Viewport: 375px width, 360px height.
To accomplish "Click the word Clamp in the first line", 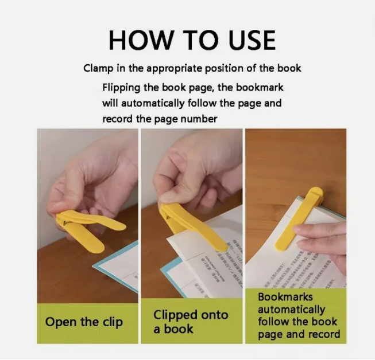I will click(x=98, y=68).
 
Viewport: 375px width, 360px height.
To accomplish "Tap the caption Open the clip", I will click(x=84, y=322).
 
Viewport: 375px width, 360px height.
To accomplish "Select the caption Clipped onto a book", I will click(x=190, y=322).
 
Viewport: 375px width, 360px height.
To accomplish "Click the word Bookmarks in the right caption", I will click(x=285, y=297).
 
